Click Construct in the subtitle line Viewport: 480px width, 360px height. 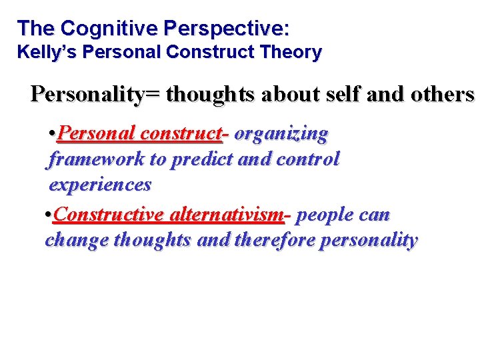[223, 52]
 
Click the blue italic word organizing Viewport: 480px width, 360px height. [281, 134]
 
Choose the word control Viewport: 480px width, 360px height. [307, 159]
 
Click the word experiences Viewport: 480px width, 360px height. [100, 184]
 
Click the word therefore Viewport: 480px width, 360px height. [275, 240]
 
